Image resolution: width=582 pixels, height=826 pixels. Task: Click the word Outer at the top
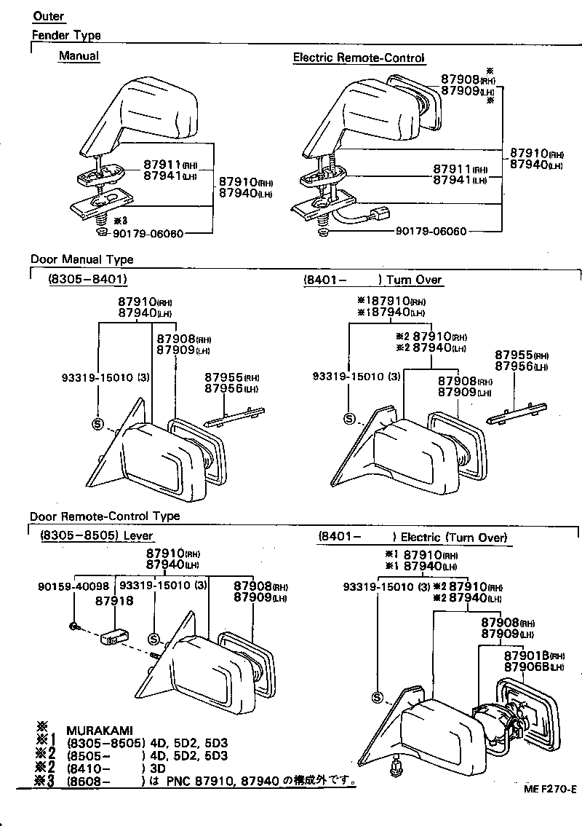click(x=49, y=16)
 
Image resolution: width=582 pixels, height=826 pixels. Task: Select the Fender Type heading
click(x=66, y=35)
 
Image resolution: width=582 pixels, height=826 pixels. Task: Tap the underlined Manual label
click(x=79, y=56)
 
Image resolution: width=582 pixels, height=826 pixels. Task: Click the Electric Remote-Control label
click(x=359, y=58)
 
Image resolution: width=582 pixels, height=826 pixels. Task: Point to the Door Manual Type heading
click(x=81, y=259)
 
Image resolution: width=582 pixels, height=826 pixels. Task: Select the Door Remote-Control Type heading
click(x=105, y=516)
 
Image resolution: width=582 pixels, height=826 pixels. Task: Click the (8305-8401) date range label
click(x=88, y=279)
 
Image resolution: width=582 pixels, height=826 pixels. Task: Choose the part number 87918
click(x=114, y=601)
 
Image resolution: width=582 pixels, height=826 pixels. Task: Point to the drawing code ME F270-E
click(x=549, y=790)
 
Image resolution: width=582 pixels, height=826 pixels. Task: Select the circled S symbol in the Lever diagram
click(x=154, y=639)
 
